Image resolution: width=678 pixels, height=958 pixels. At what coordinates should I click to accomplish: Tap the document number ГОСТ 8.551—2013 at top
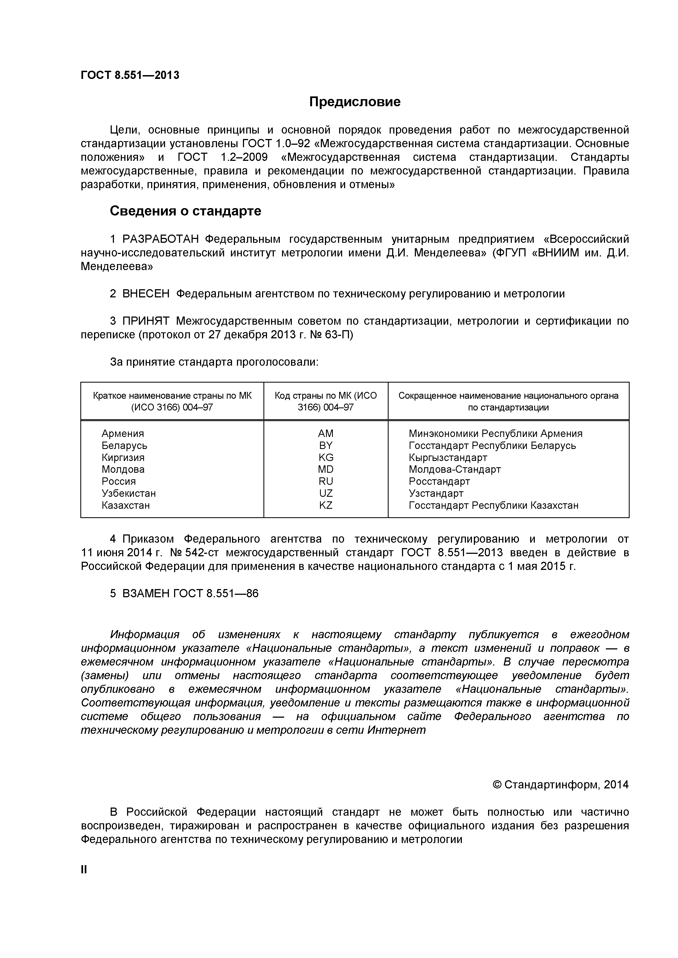pyautogui.click(x=130, y=75)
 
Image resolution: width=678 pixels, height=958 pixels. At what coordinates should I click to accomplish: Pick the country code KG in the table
pyautogui.click(x=326, y=457)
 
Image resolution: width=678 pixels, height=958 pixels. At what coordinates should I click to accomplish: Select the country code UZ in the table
pyautogui.click(x=326, y=493)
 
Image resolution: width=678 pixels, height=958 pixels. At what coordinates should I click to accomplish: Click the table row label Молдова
pyautogui.click(x=123, y=469)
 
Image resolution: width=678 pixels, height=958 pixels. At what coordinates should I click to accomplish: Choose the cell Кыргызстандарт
pyautogui.click(x=448, y=458)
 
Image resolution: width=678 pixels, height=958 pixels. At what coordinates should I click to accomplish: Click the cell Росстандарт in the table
pyautogui.click(x=439, y=481)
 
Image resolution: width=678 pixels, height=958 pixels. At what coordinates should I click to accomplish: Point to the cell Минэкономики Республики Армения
pyautogui.click(x=495, y=433)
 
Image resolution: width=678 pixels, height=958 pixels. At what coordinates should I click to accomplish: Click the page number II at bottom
pyautogui.click(x=84, y=870)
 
